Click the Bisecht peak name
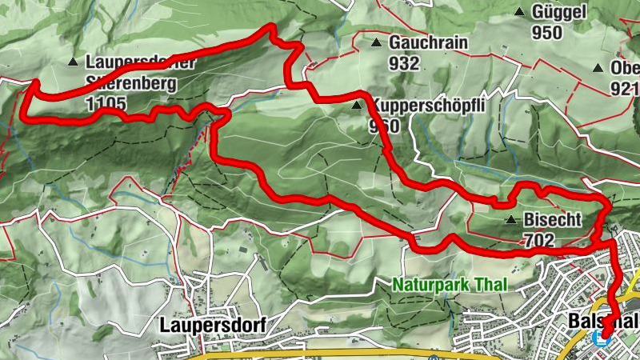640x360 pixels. point(551,219)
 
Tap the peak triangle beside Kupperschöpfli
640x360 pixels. point(358,105)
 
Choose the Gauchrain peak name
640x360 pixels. point(428,43)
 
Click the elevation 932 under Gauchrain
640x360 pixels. point(405,62)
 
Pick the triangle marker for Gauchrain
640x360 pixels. point(376,43)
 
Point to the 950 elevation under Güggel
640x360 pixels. point(547,32)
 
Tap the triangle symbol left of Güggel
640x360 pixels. point(520,12)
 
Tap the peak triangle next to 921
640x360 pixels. point(598,70)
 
